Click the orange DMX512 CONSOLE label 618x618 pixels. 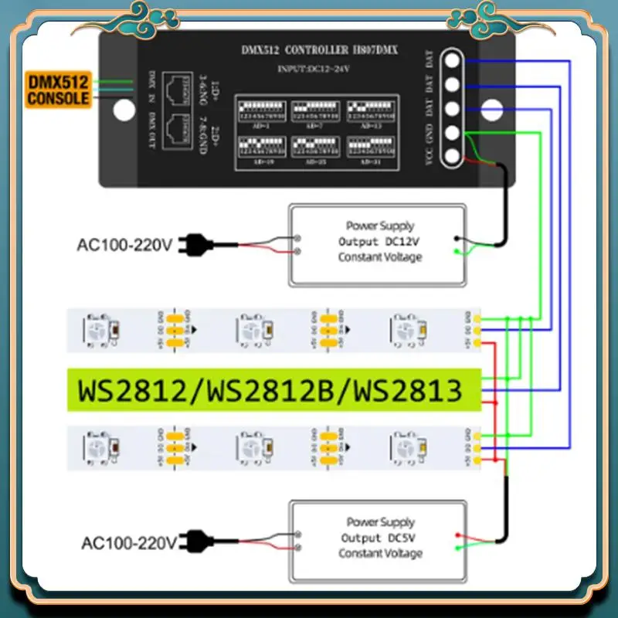click(x=59, y=89)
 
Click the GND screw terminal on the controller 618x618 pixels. click(x=455, y=133)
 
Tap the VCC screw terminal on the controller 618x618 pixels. click(x=455, y=156)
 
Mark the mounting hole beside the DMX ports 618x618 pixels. click(x=124, y=109)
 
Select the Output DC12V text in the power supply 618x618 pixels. click(x=380, y=241)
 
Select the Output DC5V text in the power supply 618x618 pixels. click(x=380, y=538)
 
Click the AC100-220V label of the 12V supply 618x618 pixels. click(x=124, y=246)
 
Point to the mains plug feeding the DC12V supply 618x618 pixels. click(x=187, y=246)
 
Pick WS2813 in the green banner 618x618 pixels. click(x=406, y=389)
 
